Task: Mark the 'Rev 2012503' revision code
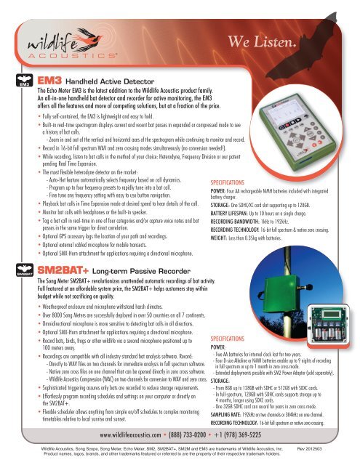pos(336,451)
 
